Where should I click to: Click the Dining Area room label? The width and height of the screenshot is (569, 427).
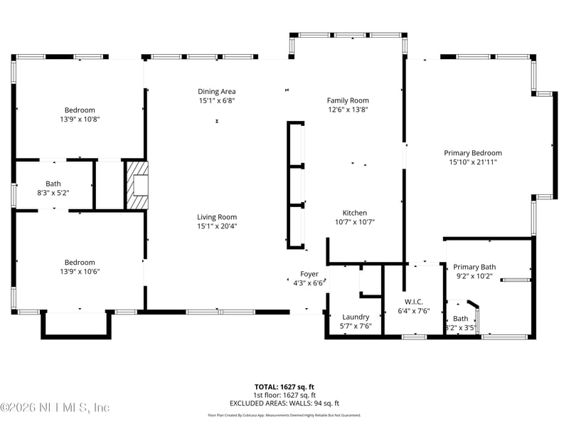coord(216,91)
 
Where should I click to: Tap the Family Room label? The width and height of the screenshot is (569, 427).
coord(348,100)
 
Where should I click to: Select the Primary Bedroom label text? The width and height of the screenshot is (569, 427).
coord(472,152)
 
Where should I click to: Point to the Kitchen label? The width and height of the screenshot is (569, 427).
coord(354,213)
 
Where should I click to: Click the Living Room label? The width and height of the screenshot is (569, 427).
coord(217,217)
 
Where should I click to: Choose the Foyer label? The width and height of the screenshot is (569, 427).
coord(309,273)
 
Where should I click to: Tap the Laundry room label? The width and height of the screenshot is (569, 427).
coord(356,317)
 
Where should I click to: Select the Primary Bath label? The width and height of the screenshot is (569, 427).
coord(474,267)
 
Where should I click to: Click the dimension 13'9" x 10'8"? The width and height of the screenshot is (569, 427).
coord(80,119)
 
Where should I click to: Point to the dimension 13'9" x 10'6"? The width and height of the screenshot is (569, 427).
coord(80,271)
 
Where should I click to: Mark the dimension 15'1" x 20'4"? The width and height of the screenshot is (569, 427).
coord(217,226)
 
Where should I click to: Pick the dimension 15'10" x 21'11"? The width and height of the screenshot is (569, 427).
coord(472,162)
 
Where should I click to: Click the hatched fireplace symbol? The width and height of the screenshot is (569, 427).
coord(137,184)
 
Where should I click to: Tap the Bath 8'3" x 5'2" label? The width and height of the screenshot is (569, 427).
coord(53,188)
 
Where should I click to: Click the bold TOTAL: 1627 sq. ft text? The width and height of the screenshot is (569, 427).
coord(284,387)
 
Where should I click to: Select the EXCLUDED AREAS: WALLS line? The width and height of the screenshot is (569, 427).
coord(284,404)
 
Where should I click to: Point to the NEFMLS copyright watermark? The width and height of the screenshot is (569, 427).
coord(55,408)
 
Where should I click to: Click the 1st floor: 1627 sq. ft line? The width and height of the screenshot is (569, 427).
coord(284,395)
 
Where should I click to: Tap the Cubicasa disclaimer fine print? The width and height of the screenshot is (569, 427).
coord(284,415)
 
